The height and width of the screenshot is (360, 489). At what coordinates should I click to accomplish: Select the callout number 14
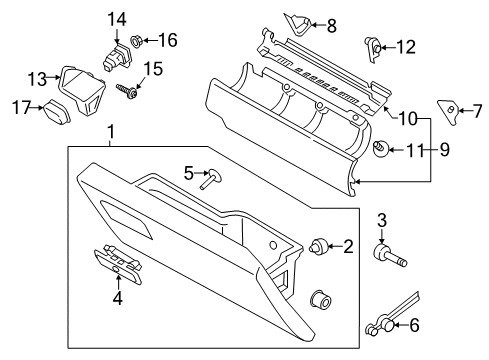(117, 18)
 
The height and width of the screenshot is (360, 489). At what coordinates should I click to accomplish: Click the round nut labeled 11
(382, 151)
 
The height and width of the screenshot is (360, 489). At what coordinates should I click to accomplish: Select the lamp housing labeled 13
(79, 81)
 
